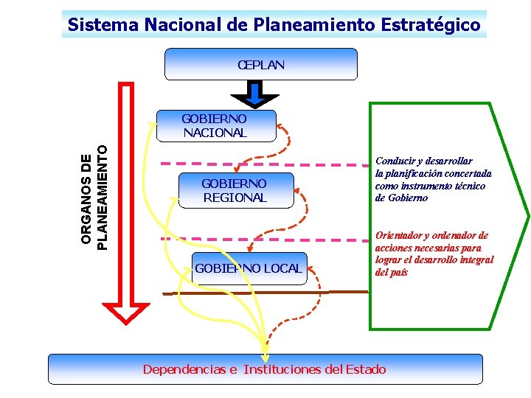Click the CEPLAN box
click(x=260, y=64)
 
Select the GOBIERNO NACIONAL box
click(x=215, y=125)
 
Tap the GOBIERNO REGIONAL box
click(x=235, y=190)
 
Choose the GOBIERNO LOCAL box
click(x=249, y=268)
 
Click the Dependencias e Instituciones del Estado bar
click(x=265, y=369)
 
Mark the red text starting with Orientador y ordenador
click(x=434, y=254)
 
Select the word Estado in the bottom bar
click(x=365, y=369)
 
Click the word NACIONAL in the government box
click(x=215, y=133)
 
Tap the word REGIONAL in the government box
click(x=235, y=198)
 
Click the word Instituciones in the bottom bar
click(x=282, y=369)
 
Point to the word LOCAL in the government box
click(x=283, y=268)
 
